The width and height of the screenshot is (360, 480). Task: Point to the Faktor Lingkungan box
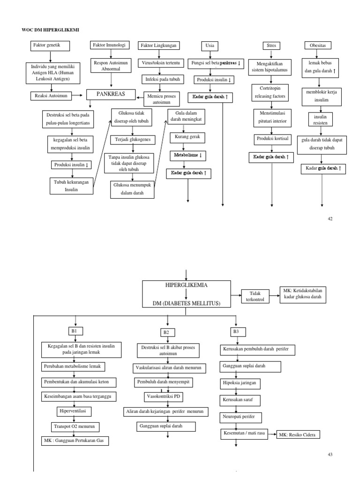point(158,45)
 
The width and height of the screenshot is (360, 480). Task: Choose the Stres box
point(271,45)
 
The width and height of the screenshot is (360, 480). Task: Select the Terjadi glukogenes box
point(133,140)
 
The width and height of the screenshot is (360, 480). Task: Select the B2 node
point(166,332)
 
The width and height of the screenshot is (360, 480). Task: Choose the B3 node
point(236,332)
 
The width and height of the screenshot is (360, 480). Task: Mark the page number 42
point(330,219)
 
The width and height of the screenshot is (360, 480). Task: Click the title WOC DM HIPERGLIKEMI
point(51,30)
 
